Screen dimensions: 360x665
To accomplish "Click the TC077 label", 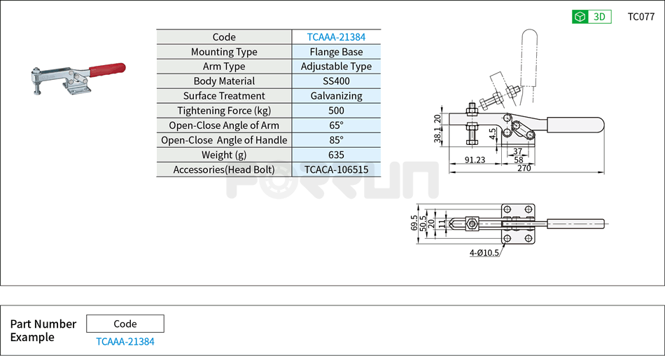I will point(640,17).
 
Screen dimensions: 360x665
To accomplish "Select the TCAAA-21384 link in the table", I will point(336,37).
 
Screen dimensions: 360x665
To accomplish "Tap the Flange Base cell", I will point(336,52).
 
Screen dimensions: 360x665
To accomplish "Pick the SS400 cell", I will point(336,81).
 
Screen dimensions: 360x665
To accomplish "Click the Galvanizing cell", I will point(336,96).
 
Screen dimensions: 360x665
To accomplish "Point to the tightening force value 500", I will point(336,111).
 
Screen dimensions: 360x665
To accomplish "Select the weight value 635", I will point(336,155).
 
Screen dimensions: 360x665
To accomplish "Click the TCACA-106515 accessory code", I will point(336,169).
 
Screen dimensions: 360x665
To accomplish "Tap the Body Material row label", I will point(224,81).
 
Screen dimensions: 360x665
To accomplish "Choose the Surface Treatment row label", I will point(224,96).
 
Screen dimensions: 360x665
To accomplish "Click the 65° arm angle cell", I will point(336,125).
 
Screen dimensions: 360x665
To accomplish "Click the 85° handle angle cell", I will point(336,140).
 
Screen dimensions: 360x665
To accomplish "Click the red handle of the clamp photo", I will point(106,69).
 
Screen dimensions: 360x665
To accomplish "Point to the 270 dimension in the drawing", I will point(524,168).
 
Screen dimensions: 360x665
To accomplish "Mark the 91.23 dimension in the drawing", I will point(475,160).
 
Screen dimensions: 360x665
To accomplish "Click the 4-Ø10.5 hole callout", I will point(484,253).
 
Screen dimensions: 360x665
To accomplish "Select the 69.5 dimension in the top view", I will point(414,223).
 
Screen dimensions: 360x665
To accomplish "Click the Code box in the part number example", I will point(125,324).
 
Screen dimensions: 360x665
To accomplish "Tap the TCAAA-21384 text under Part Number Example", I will point(125,342).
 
